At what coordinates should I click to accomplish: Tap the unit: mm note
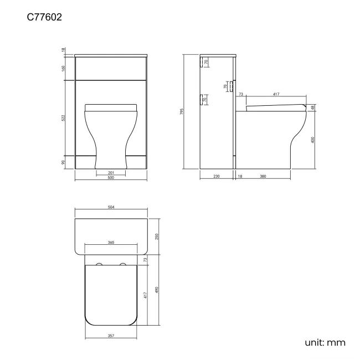325,342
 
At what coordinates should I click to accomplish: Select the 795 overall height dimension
182,112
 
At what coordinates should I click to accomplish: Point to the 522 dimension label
64,119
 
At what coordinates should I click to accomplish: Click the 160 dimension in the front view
64,68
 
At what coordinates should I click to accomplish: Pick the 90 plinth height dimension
64,162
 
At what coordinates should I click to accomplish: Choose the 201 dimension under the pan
111,173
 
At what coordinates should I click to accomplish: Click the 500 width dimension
111,178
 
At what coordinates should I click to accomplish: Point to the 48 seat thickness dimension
313,107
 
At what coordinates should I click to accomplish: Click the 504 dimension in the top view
111,208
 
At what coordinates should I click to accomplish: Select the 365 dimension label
111,243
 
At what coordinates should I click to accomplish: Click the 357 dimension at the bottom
111,336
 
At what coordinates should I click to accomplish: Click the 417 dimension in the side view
276,95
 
